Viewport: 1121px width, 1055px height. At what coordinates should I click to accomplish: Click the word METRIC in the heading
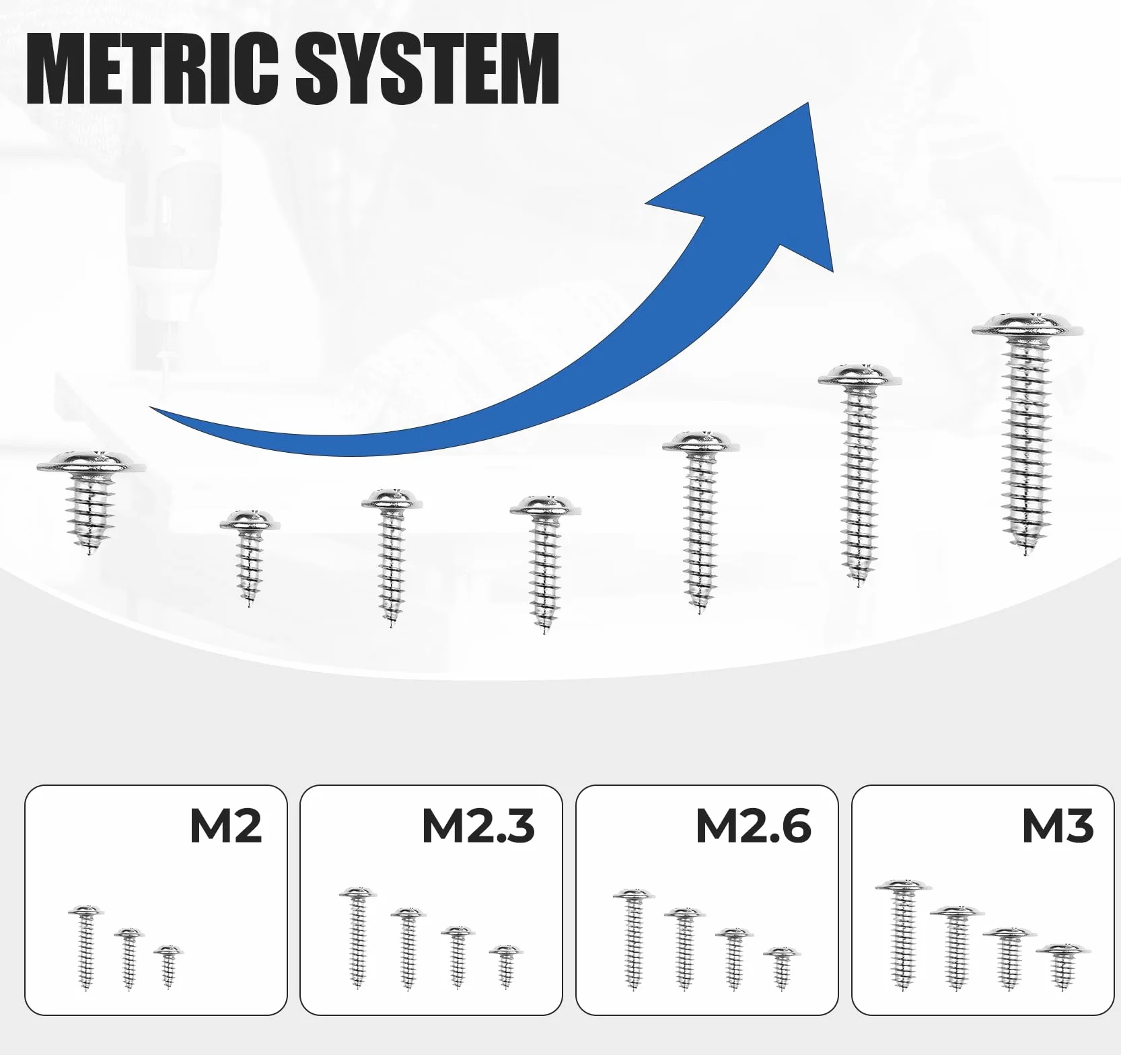pos(152,69)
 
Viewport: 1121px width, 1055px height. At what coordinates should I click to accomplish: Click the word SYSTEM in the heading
pos(427,69)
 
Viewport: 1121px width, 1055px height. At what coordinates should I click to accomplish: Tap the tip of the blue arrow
pos(808,103)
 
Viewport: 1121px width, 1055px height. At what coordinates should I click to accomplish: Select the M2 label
pos(225,826)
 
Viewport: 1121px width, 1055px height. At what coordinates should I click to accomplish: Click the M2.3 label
pos(478,826)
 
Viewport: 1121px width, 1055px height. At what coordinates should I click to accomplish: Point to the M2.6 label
pos(754,826)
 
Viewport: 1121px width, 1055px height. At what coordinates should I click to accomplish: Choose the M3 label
pos(1058,826)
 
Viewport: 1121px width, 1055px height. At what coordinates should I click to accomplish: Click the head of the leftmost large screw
pos(91,462)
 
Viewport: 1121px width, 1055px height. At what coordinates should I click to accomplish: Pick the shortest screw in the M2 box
pos(168,966)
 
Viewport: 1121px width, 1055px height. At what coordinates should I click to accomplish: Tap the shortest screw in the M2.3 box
pos(505,966)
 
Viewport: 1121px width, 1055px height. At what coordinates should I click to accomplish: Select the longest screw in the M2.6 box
pos(633,939)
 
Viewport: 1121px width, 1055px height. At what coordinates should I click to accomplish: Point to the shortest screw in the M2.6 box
pos(782,968)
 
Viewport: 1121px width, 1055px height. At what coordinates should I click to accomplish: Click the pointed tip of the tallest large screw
pos(1026,556)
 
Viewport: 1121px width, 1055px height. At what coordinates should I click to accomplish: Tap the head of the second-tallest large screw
pos(860,375)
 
